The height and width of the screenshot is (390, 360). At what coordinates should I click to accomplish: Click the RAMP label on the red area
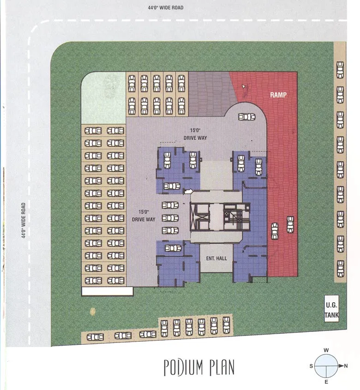[x=279, y=95]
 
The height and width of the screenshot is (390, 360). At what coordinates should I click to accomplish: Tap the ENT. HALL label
[x=216, y=258]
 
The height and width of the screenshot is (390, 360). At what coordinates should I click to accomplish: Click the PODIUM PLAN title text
[x=199, y=367]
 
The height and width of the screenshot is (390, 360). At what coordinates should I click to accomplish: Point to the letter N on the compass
[x=346, y=366]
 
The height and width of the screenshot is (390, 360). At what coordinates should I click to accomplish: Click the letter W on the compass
[x=326, y=350]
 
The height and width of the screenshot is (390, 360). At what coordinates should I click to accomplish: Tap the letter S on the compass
[x=311, y=366]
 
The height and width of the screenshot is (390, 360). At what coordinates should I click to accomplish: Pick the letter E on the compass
[x=326, y=382]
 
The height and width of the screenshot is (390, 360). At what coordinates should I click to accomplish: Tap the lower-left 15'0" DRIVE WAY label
[x=144, y=216]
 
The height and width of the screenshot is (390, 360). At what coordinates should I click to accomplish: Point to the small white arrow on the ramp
[x=243, y=86]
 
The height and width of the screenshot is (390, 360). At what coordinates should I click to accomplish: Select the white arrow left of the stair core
[x=188, y=190]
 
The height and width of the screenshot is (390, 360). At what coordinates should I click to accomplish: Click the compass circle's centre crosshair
[x=326, y=366]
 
